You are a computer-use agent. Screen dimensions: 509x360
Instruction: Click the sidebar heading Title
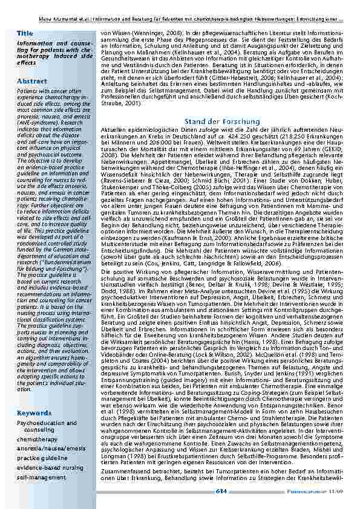pos(25,33)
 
